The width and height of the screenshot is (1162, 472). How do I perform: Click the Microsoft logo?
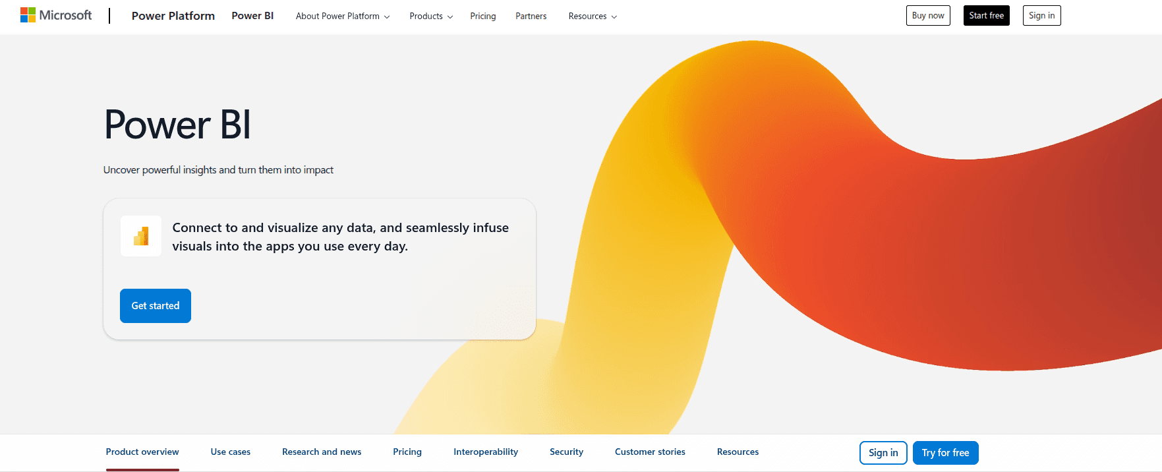tap(56, 15)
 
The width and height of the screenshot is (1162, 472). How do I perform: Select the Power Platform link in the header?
tap(173, 16)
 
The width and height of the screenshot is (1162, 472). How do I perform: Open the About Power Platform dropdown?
tap(342, 16)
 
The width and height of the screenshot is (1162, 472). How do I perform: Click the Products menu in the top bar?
tap(430, 16)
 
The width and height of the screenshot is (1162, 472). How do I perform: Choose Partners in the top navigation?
tap(531, 16)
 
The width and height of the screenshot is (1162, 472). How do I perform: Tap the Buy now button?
tap(927, 16)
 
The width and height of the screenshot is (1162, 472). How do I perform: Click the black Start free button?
tap(986, 16)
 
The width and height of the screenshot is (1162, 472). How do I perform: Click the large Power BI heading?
tap(177, 125)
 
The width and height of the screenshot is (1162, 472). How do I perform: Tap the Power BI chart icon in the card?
tap(141, 236)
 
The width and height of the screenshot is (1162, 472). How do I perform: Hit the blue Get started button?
tap(156, 306)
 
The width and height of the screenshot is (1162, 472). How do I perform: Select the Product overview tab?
tap(142, 452)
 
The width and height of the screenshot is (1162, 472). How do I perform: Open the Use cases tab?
tap(231, 452)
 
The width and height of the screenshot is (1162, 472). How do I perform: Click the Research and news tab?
tap(322, 452)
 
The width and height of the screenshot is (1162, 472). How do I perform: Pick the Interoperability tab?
tap(486, 452)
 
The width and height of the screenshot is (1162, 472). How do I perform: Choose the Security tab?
tap(566, 452)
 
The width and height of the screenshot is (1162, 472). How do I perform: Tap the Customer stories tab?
tap(650, 452)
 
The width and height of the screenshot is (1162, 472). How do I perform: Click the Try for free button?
tap(945, 453)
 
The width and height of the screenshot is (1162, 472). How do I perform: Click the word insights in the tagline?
tap(200, 170)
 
